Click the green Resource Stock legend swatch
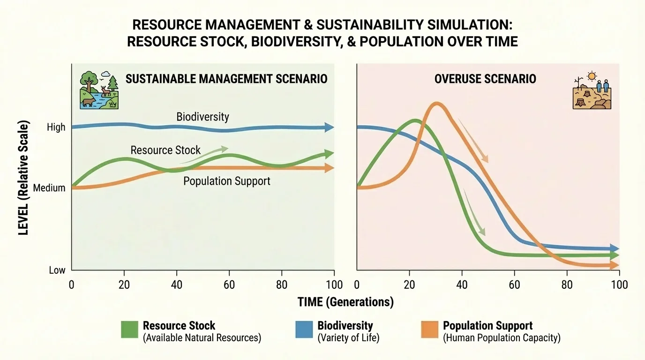coord(130,330)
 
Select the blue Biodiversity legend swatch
coord(304,330)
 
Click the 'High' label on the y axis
coord(56,127)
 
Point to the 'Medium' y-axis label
coord(50,188)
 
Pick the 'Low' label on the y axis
coord(57,270)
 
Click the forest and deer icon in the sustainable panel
coord(99,90)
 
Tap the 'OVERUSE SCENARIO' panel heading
coord(485,78)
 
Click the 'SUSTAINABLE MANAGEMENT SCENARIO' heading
coord(226,78)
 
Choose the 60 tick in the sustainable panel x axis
coord(229,285)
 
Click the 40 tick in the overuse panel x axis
coord(462,285)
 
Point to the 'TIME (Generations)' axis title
coord(345,302)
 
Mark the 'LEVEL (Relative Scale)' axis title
coord(24,178)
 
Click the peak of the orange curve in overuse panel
coord(436,105)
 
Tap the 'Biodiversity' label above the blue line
coord(202,116)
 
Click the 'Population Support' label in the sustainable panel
coord(226,181)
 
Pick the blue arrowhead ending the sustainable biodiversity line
coord(330,127)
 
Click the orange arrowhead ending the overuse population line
coord(615,266)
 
